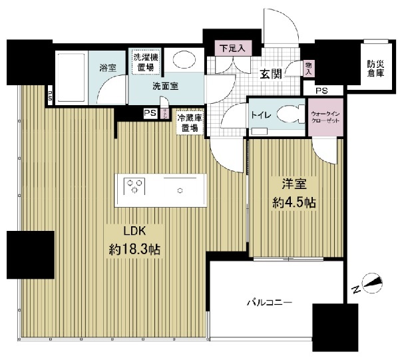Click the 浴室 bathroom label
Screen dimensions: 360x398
107,67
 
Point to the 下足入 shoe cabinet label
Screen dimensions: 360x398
232,48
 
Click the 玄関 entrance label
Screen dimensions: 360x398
271,74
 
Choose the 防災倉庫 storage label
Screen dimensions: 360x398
376,69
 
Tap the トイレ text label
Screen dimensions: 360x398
260,114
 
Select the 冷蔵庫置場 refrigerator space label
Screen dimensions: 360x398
190,123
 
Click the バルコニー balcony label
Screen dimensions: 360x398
270,303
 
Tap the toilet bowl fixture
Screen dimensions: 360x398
290,114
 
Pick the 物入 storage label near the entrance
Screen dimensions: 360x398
308,67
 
